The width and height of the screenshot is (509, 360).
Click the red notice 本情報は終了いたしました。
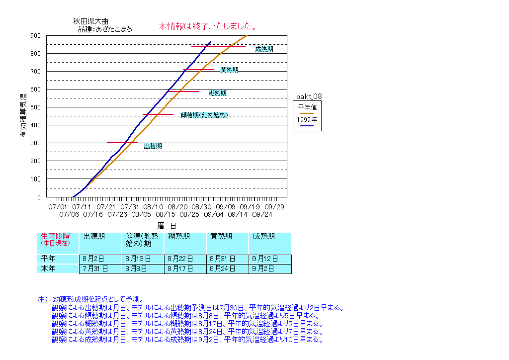[x=208, y=26]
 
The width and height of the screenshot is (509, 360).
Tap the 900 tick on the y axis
[x=35, y=36]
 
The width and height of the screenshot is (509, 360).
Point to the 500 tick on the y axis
[x=35, y=107]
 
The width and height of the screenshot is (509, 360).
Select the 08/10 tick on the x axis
[x=154, y=206]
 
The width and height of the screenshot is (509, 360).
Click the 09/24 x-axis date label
[x=262, y=214]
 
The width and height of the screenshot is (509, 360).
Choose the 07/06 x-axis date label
[x=69, y=214]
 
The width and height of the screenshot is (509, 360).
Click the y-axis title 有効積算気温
[x=23, y=115]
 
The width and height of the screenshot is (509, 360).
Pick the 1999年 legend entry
[x=307, y=120]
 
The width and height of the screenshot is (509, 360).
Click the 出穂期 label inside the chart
[x=153, y=146]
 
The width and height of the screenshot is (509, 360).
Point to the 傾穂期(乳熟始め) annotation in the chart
[x=204, y=115]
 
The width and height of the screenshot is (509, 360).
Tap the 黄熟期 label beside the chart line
[x=229, y=70]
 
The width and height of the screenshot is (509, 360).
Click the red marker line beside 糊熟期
[x=183, y=91]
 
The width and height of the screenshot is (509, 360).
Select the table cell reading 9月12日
[x=270, y=259]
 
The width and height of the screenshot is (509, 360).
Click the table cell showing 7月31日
[x=100, y=269]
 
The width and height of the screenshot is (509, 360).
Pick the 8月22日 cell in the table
[x=185, y=259]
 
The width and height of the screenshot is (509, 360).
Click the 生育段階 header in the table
[x=55, y=237]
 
